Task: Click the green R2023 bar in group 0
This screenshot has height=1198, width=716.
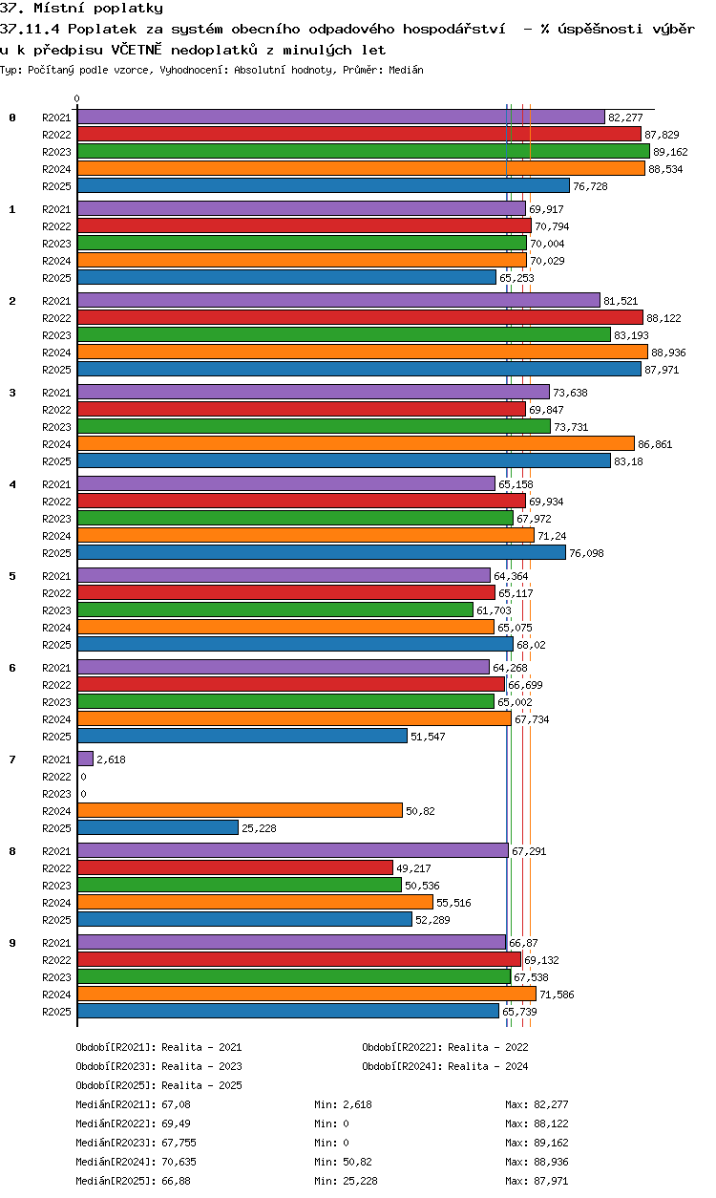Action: tap(363, 151)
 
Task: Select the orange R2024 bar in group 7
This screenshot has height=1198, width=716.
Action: tap(240, 810)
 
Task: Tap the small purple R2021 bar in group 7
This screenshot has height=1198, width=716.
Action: tap(85, 759)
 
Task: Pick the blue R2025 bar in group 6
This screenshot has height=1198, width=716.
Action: tap(242, 736)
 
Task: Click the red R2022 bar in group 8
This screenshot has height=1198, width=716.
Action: tap(235, 867)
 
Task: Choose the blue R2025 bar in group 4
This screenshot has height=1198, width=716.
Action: tap(322, 552)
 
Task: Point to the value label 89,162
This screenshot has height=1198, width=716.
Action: tap(670, 152)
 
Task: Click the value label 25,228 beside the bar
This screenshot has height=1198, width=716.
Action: tap(261, 828)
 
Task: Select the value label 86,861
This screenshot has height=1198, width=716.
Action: tap(656, 444)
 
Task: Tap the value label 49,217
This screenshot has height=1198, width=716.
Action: tap(414, 868)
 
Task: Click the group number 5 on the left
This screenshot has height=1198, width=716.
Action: tap(12, 576)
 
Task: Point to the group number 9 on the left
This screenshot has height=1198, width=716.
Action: tap(12, 943)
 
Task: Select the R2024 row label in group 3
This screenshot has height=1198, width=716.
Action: tap(57, 444)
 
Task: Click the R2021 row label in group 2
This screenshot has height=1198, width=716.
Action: tap(57, 301)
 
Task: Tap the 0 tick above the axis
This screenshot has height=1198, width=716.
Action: tap(77, 98)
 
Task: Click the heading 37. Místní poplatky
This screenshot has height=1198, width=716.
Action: tap(82, 9)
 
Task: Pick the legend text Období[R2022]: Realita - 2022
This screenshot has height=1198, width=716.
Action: tap(445, 1047)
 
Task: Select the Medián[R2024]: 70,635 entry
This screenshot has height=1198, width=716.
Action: tap(137, 1162)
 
